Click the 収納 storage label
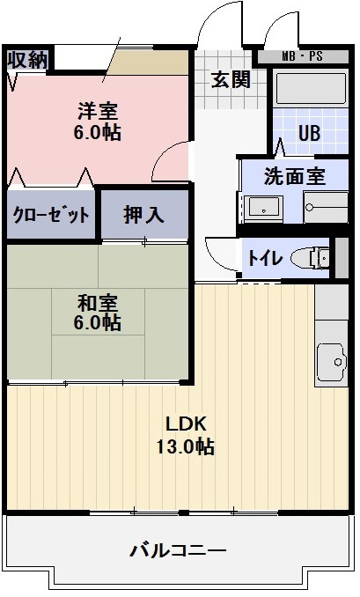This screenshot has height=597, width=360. pyautogui.click(x=28, y=60)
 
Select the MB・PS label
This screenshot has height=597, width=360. pyautogui.click(x=302, y=56)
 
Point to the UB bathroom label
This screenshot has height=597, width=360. pyautogui.click(x=309, y=133)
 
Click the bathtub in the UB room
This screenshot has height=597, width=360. pyautogui.click(x=311, y=88)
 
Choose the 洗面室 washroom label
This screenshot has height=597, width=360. pyautogui.click(x=295, y=176)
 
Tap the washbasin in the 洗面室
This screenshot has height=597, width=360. pyautogui.click(x=263, y=209)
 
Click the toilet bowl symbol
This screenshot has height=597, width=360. pyautogui.click(x=310, y=258)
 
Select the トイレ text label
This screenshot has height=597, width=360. pyautogui.click(x=265, y=259)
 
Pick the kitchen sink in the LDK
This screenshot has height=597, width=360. pyautogui.click(x=331, y=362)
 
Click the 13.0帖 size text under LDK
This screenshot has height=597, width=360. pyautogui.click(x=185, y=446)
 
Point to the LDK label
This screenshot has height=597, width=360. pyautogui.click(x=186, y=424)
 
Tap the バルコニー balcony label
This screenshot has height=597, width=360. pyautogui.click(x=178, y=550)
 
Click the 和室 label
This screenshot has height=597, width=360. pyautogui.click(x=98, y=303)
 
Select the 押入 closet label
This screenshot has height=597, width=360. pyautogui.click(x=143, y=215)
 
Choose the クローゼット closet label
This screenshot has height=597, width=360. pyautogui.click(x=51, y=215)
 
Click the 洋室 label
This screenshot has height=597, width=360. pyautogui.click(x=98, y=111)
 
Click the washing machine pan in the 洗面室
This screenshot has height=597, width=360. pyautogui.click(x=326, y=208)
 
